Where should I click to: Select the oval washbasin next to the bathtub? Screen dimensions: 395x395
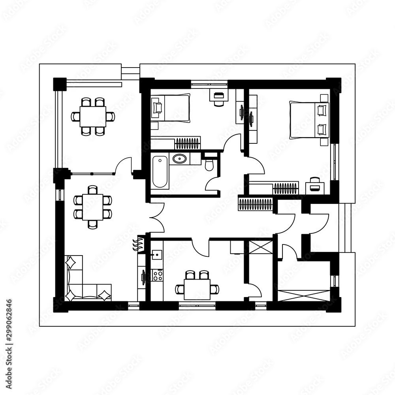(180, 159)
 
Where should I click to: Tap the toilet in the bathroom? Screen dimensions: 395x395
(209, 165)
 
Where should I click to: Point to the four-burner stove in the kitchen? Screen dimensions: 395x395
(158, 275)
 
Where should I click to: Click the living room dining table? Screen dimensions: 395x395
(93, 207)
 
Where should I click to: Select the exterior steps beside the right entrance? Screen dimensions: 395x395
(347, 228)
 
